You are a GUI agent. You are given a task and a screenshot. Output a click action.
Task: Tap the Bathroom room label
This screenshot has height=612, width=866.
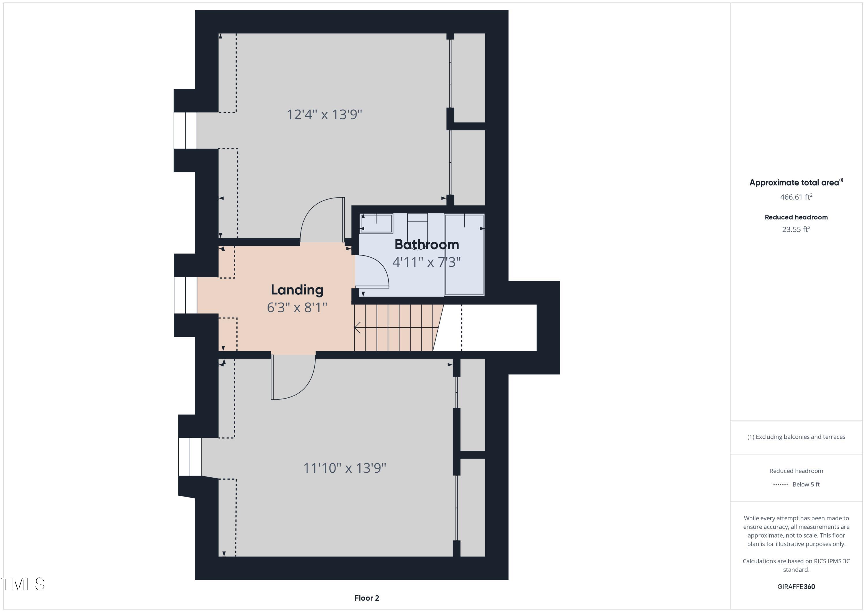click(427, 245)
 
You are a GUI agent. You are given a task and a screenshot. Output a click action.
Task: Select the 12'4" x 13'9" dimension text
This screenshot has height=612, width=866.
click(324, 114)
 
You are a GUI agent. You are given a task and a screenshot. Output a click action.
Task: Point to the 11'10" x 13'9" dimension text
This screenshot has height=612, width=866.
click(344, 468)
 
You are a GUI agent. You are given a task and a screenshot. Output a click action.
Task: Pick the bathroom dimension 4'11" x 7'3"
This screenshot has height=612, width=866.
click(427, 262)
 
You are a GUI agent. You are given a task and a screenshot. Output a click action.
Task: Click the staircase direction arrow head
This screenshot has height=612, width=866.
click(357, 327)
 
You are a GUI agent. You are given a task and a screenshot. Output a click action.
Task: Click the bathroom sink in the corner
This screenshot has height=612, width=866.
click(376, 224)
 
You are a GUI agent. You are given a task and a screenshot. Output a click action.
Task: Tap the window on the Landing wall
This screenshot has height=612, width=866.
click(185, 295)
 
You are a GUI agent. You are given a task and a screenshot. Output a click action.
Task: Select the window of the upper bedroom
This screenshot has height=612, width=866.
click(185, 130)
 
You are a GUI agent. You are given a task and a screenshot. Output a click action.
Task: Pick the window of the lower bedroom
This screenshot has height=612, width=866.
click(190, 457)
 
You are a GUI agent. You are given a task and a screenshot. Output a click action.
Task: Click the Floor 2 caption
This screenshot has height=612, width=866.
click(367, 598)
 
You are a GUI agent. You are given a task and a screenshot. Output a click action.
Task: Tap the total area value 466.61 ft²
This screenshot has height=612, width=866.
click(796, 197)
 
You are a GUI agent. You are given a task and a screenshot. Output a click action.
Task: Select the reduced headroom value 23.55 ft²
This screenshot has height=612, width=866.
click(796, 229)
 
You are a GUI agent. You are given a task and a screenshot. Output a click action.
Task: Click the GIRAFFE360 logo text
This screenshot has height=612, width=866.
click(796, 586)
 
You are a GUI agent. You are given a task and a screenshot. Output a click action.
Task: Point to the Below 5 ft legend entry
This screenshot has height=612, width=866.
click(806, 484)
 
